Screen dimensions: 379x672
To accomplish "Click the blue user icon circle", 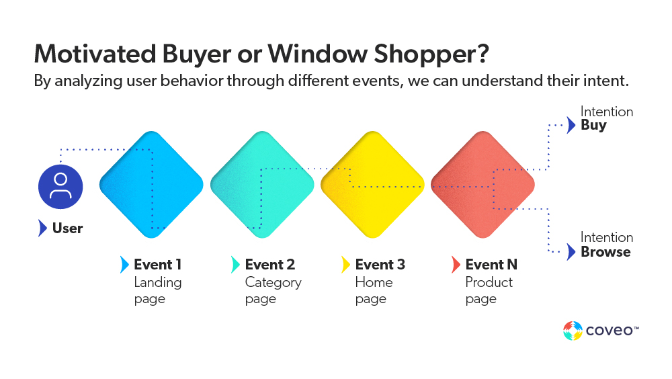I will point(60,186).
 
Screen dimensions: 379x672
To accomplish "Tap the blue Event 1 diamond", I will point(151,185).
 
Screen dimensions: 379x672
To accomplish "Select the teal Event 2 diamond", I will point(262,185).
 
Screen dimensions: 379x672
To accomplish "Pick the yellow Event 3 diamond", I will point(372,185).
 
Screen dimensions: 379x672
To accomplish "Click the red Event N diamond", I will point(482,185).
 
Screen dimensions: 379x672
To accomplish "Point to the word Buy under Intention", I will point(593,126).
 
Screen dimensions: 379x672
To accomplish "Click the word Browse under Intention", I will point(605,252).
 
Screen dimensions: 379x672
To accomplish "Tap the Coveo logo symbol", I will point(573,331).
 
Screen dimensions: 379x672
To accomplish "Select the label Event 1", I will point(157,265).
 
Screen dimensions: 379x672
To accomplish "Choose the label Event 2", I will point(269,265).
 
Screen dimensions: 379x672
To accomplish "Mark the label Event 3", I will point(380,265).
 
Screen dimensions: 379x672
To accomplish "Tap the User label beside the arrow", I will point(67,228).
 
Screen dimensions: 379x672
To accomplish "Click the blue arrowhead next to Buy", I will point(571,125).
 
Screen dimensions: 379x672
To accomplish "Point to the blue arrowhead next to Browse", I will point(571,252).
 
